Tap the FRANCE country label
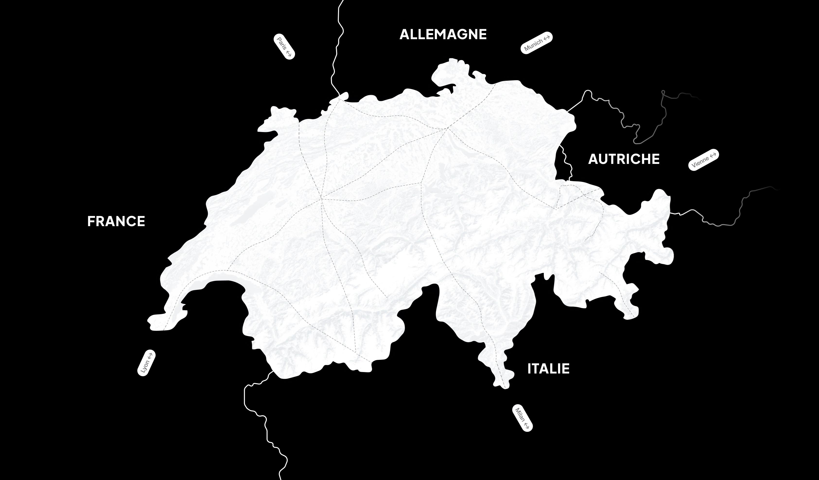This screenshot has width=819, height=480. coord(116,222)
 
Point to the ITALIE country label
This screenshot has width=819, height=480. coord(548,369)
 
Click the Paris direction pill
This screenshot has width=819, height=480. coord(284,46)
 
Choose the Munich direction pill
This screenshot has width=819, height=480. coord(537,43)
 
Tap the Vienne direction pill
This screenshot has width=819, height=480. coord(704,160)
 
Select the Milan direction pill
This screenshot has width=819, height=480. coord(522,418)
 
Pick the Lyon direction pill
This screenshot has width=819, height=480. coord(146,363)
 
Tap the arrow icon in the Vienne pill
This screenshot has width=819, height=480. coord(713,155)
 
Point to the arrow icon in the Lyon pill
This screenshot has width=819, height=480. coord(150,355)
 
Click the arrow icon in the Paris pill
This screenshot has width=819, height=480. coord(289,53)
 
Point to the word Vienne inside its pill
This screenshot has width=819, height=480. coord(700,162)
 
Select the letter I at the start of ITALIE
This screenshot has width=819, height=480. coord(529,369)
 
